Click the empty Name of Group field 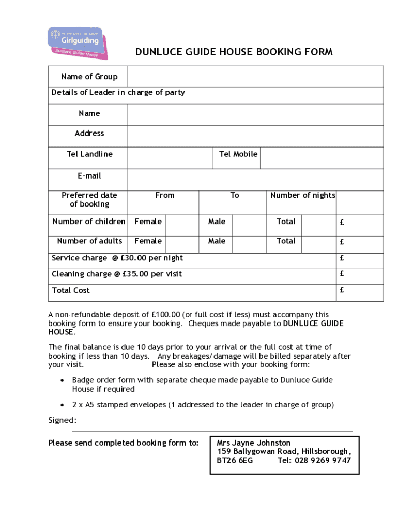[255, 77]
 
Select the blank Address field [255, 136]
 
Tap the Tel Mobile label [238, 154]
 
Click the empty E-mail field [255, 179]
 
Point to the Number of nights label [302, 195]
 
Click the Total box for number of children [318, 226]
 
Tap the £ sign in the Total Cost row [342, 290]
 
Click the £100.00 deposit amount [166, 314]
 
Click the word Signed [62, 420]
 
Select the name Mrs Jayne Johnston [253, 443]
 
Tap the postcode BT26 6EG [235, 460]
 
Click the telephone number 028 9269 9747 [323, 460]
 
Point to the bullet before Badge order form [62, 380]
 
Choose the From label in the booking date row [164, 195]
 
